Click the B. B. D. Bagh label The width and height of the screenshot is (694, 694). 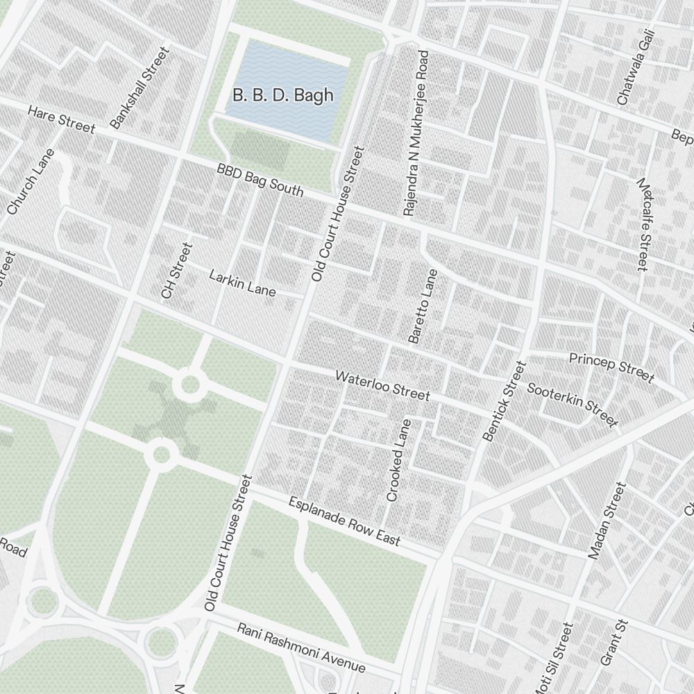tap(282, 96)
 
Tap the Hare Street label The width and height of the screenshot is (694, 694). tap(61, 119)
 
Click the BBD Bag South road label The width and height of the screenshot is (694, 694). tap(260, 180)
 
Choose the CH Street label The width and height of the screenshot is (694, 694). tap(176, 271)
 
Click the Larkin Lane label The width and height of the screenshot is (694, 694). tap(242, 283)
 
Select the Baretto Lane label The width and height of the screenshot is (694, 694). tap(423, 306)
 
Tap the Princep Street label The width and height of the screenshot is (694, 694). tap(611, 367)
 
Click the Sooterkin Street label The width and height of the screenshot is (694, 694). tap(572, 404)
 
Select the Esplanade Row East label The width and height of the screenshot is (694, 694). tap(344, 521)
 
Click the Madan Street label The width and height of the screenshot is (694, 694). tap(607, 520)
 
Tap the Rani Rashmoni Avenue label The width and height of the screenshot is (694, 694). tap(301, 647)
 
